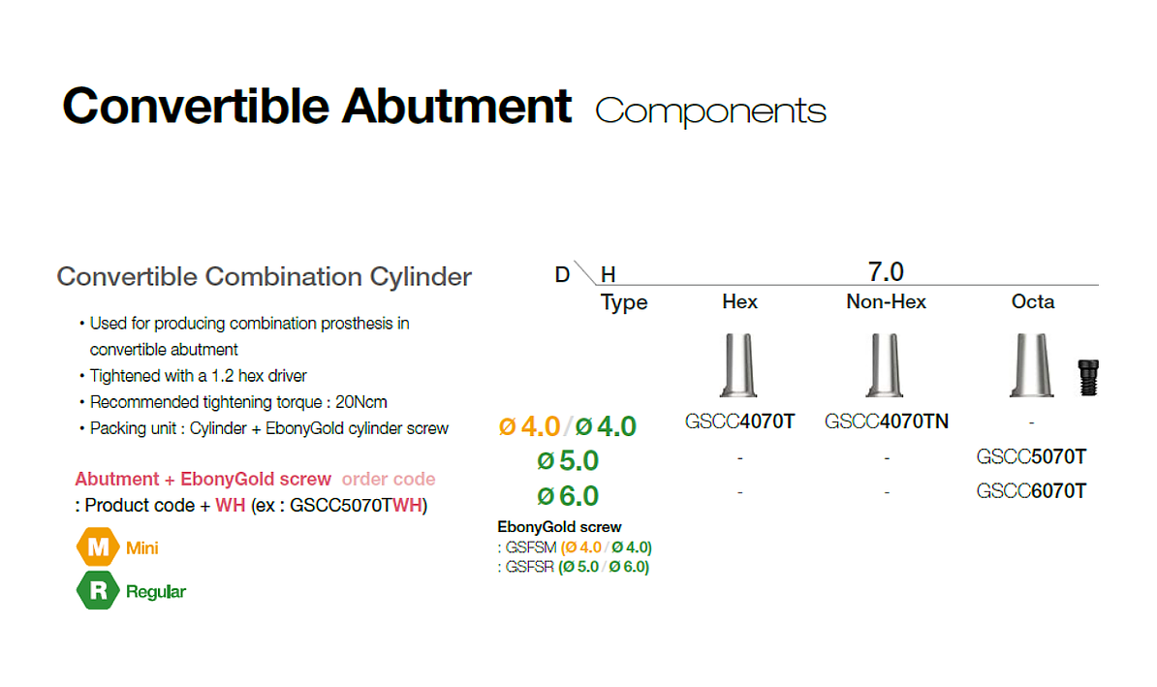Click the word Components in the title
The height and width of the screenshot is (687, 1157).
[710, 110]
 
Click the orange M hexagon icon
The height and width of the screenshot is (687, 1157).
[98, 546]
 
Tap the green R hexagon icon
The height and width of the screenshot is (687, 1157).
[98, 590]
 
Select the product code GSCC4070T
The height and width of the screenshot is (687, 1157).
[739, 422]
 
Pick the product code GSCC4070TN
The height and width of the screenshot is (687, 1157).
[887, 422]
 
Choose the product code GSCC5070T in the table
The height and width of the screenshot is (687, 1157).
[1031, 456]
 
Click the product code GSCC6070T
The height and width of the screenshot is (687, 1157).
[1031, 490]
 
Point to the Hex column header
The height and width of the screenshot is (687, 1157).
[739, 301]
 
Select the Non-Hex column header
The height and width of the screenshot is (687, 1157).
[886, 301]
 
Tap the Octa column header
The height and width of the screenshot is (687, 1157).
[1032, 301]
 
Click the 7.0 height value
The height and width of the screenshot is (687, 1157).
[886, 271]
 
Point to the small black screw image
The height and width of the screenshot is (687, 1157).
[1088, 378]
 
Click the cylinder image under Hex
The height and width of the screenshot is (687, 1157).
[738, 365]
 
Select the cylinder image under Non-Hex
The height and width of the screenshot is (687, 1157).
[885, 365]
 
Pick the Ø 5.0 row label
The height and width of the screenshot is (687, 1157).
[568, 460]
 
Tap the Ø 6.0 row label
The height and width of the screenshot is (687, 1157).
[568, 496]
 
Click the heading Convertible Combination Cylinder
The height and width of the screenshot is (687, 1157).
[265, 277]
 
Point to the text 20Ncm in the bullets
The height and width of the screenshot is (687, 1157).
[360, 402]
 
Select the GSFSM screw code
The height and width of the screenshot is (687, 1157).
[531, 547]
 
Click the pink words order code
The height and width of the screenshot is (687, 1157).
[389, 479]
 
